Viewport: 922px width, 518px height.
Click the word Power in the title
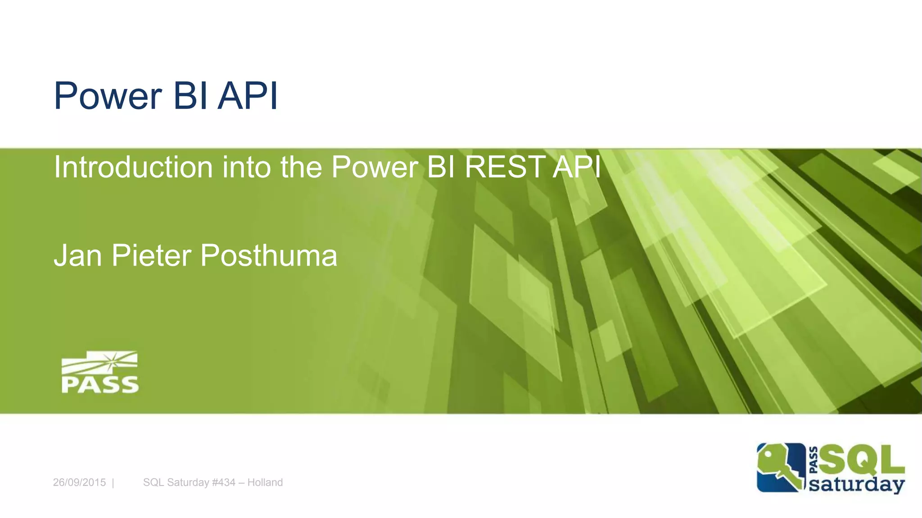click(x=108, y=96)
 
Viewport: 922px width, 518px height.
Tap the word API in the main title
click(x=248, y=96)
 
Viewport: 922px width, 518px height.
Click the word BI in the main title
click(x=190, y=96)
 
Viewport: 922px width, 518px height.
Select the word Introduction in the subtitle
click(x=133, y=167)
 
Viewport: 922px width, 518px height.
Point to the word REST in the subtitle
click(x=505, y=167)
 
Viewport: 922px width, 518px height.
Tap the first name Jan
click(x=78, y=256)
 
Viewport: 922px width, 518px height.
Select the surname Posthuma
click(x=268, y=256)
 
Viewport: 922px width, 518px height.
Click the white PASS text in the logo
click(x=100, y=385)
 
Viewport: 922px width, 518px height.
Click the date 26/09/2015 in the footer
click(x=79, y=482)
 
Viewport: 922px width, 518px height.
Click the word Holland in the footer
click(x=265, y=482)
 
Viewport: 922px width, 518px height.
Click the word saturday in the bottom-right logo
click(x=856, y=485)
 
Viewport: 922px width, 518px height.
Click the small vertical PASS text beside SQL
click(x=814, y=460)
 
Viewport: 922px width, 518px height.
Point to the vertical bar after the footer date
click(x=113, y=483)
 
